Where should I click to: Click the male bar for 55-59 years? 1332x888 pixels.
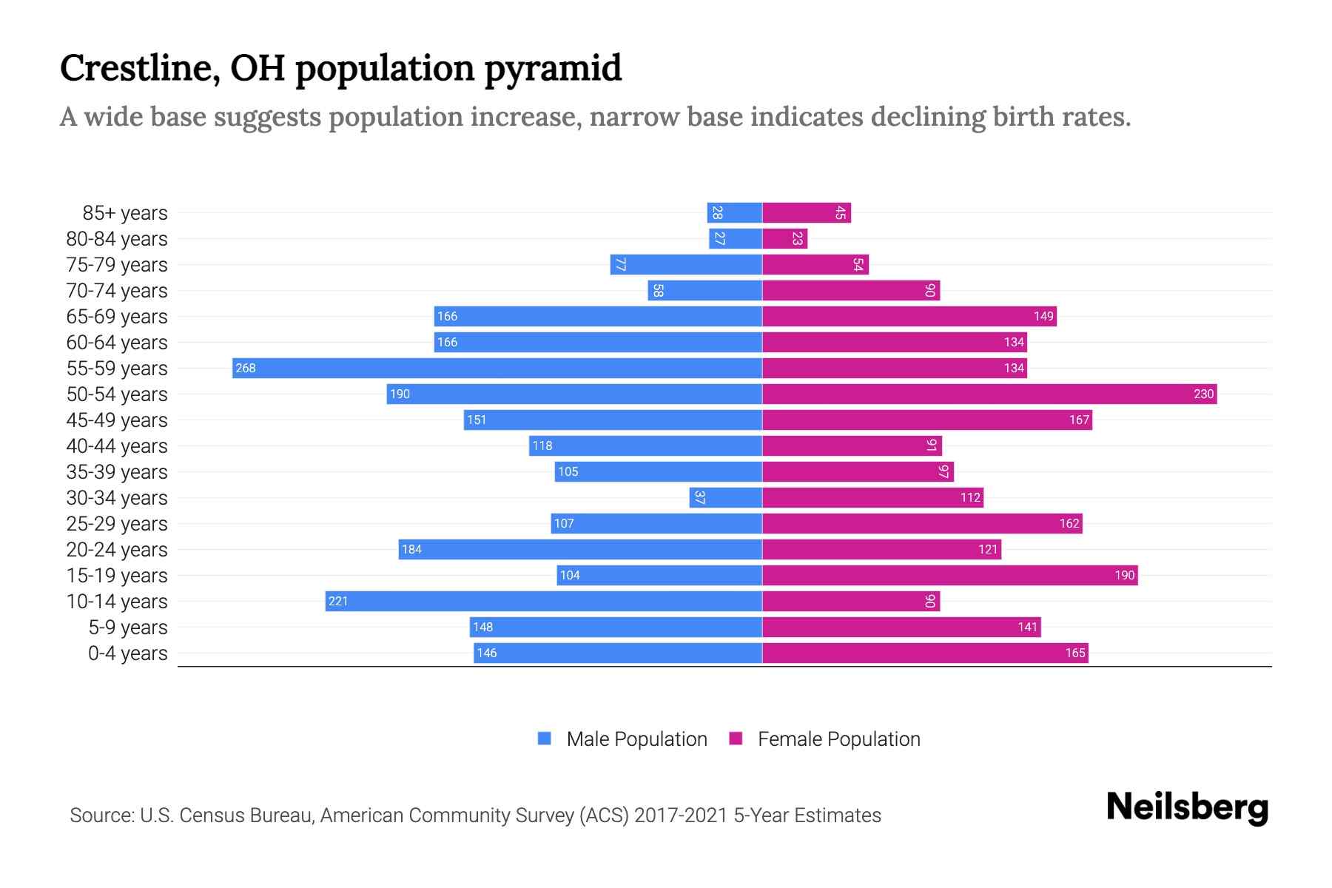point(497,368)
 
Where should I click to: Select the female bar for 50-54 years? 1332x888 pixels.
point(989,394)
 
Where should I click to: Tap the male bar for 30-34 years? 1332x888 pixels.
point(726,497)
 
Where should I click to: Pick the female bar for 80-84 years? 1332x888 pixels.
point(784,238)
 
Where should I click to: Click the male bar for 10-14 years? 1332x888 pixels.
point(544,601)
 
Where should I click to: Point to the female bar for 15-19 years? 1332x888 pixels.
point(950,575)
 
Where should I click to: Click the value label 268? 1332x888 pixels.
point(245,368)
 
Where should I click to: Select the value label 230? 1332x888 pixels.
point(1203,394)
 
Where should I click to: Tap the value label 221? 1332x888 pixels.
point(338,601)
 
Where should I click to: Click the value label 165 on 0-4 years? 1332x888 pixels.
point(1074,653)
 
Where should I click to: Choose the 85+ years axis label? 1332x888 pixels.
point(124,213)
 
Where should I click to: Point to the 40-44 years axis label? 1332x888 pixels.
point(117,446)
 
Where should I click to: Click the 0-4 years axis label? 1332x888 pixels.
point(127,653)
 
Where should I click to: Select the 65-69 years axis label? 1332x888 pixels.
point(117,317)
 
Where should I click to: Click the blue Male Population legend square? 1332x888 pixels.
point(545,739)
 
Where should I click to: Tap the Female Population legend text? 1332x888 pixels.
point(838,739)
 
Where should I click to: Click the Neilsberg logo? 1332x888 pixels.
point(1187,807)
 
